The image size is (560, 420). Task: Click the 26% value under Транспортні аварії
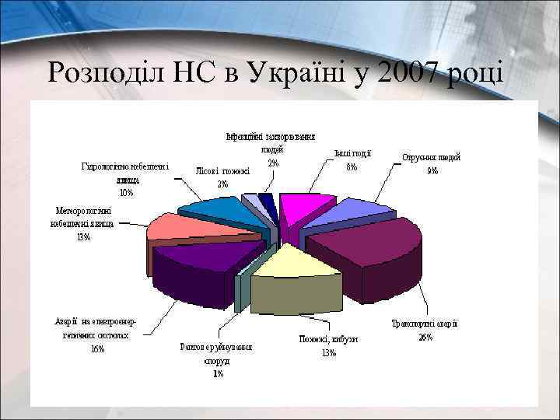tap(425, 337)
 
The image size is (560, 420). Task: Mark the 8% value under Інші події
tap(352, 166)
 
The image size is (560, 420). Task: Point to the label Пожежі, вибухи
tap(328, 339)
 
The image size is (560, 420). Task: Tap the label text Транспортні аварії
tap(424, 324)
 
